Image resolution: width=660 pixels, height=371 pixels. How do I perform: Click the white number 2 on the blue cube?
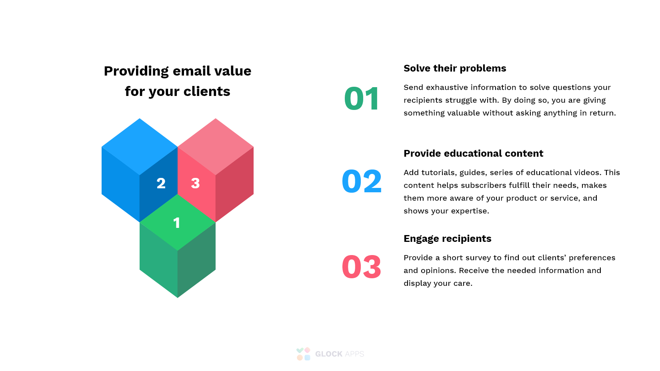161,183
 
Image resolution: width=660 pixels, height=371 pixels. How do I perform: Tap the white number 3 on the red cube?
195,183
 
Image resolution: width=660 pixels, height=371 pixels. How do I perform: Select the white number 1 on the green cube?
176,223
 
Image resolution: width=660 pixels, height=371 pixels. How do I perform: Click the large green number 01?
362,99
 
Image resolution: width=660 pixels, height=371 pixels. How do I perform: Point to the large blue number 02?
362,181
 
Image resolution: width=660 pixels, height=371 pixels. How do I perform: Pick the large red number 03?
362,267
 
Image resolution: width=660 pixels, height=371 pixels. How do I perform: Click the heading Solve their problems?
455,68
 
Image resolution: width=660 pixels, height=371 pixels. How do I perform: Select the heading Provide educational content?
473,154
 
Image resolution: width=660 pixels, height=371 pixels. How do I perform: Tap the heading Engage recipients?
447,239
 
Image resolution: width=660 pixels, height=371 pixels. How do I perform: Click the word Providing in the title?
136,71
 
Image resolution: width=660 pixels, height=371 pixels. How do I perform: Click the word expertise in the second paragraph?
470,211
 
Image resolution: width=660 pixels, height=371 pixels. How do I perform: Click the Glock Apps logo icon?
303,354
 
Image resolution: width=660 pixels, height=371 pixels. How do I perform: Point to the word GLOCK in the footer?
328,354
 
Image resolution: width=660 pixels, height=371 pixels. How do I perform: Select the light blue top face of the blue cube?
140,146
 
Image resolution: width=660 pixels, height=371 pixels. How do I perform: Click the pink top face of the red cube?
216,146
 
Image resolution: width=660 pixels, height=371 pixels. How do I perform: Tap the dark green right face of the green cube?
196,260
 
